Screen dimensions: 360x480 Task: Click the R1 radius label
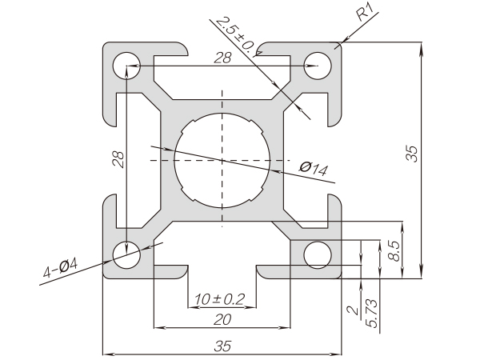[365, 14]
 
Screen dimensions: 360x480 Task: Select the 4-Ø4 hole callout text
[60, 267]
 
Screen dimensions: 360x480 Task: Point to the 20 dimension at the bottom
[222, 320]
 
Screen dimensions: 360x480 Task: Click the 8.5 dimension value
[393, 251]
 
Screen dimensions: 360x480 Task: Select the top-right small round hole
[318, 65]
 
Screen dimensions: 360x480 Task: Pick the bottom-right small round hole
[318, 255]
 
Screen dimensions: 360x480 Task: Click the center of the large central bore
[222, 159]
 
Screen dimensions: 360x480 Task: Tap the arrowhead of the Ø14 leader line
[274, 170]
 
